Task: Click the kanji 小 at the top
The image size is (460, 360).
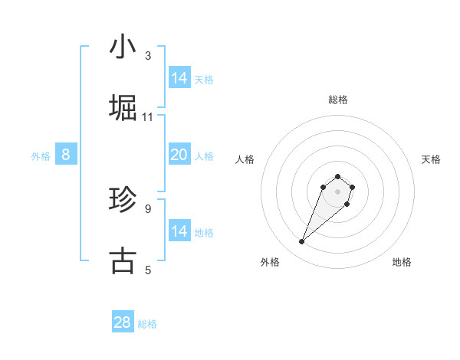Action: pos(123,47)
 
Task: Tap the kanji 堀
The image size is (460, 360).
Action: pos(123,108)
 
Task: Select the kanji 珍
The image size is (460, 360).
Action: pos(123,200)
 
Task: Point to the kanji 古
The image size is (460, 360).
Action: pos(123,260)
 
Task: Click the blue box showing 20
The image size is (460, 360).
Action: pos(179,155)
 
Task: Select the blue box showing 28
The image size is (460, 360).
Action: pos(123,322)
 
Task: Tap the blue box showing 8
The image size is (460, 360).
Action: pos(66,155)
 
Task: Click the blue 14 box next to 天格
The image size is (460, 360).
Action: pos(179,78)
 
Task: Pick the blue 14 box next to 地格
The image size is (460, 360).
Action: pos(179,231)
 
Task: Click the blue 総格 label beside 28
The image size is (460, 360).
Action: pos(147,324)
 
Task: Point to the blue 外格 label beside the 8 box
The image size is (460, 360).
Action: pos(41,156)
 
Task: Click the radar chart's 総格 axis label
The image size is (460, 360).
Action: pos(338,100)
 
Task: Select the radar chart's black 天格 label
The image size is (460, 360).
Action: pos(431,159)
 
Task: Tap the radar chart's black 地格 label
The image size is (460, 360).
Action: pos(402,262)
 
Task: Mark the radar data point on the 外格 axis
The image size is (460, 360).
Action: pos(302,242)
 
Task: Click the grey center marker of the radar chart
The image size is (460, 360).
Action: pos(337,191)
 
